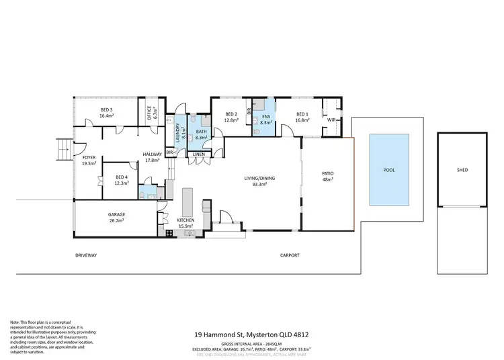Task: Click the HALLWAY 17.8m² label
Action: pyautogui.click(x=152, y=157)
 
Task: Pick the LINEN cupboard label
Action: pyautogui.click(x=198, y=154)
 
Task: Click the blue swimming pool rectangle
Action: pyautogui.click(x=389, y=170)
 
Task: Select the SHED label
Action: pyautogui.click(x=462, y=170)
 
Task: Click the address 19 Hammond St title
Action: pyautogui.click(x=251, y=334)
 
